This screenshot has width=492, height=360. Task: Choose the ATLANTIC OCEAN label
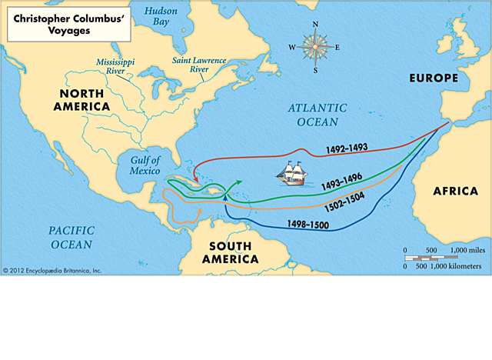313,115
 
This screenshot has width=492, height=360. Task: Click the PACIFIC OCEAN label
71,237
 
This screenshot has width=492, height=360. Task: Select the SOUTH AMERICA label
231,252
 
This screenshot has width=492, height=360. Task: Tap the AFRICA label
455,191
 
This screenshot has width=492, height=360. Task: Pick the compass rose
314,47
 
